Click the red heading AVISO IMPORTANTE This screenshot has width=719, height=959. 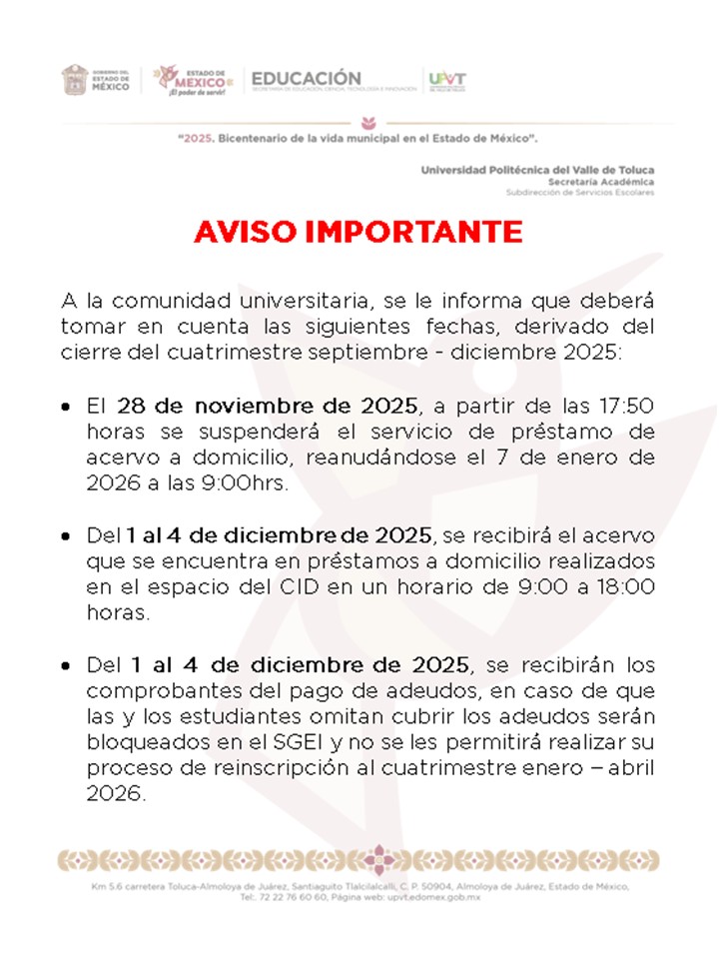click(x=359, y=232)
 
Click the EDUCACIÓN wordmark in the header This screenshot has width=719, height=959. click(x=307, y=77)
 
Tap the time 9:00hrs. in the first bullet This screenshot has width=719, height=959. click(x=250, y=484)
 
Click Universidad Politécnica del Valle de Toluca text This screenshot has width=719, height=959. click(x=537, y=170)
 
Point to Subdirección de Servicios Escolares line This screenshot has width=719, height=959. click(x=580, y=192)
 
